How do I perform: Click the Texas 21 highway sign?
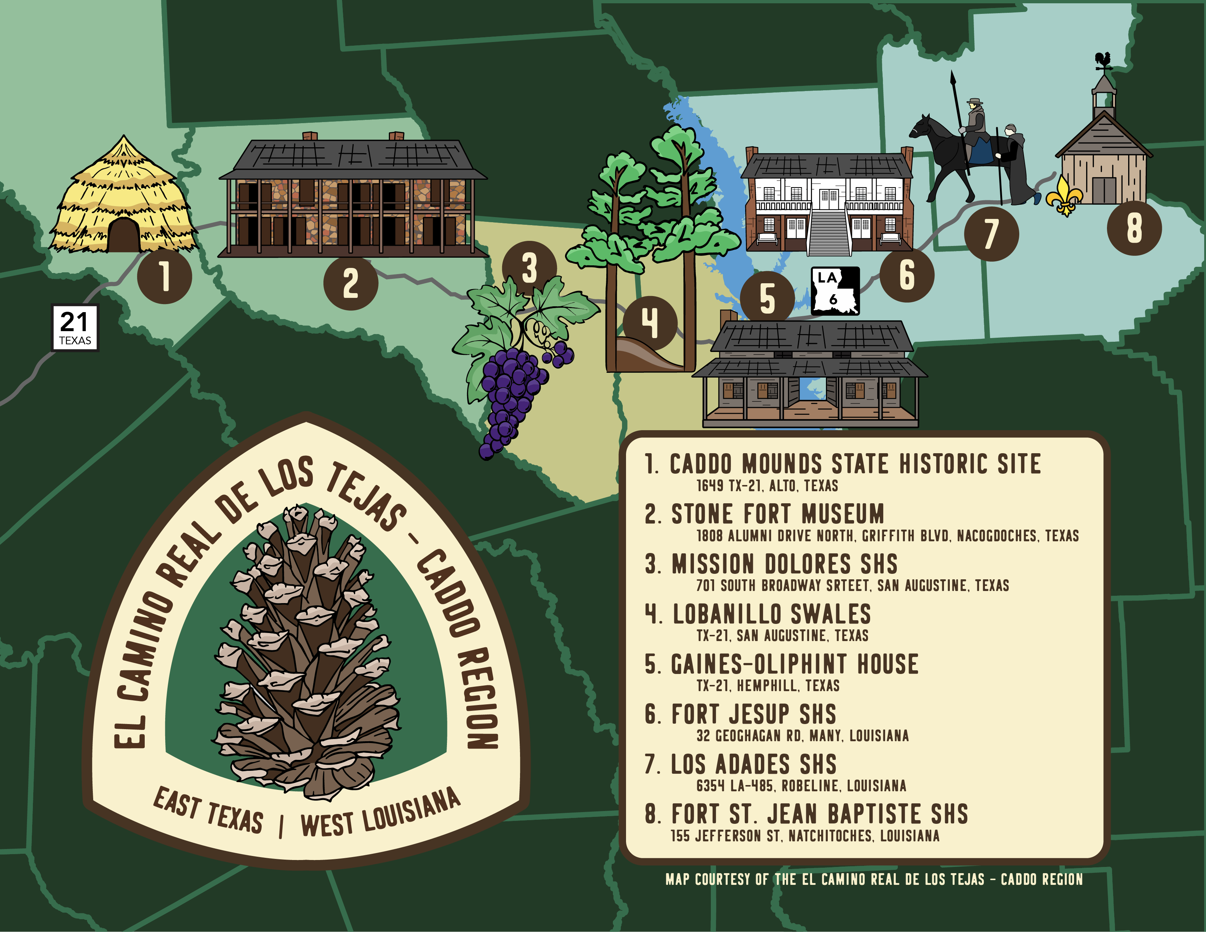coord(75,327)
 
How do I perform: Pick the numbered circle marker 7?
coord(991,234)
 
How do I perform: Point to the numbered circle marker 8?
coord(1134,228)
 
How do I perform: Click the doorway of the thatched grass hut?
coord(123,236)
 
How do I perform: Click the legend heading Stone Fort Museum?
coord(777,514)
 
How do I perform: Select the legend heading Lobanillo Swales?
coord(771,614)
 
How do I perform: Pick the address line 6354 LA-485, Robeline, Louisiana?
coord(801,786)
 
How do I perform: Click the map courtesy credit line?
coord(873,879)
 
